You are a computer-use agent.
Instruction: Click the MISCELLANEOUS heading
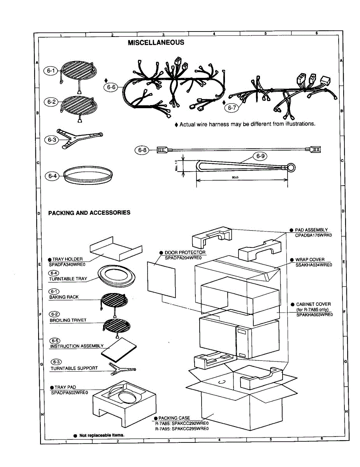coord(156,42)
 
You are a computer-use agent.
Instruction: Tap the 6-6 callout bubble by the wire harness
coord(112,87)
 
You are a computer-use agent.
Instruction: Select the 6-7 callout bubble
coord(232,108)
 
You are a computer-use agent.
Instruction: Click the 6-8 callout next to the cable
coord(141,149)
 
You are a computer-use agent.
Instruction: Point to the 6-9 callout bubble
coord(260,156)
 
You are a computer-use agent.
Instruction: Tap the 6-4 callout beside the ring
coord(53,176)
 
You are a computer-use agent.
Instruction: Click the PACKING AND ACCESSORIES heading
coord(89,213)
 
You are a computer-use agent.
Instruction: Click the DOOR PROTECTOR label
coord(185,253)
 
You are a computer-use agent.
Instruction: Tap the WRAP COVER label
coord(310,260)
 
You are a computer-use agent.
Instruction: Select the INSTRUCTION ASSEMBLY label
coord(77,346)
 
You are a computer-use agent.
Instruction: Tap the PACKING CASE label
coord(174,418)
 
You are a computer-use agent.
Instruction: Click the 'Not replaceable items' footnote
coord(102,435)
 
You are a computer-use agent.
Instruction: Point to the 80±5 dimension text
coord(235,177)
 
